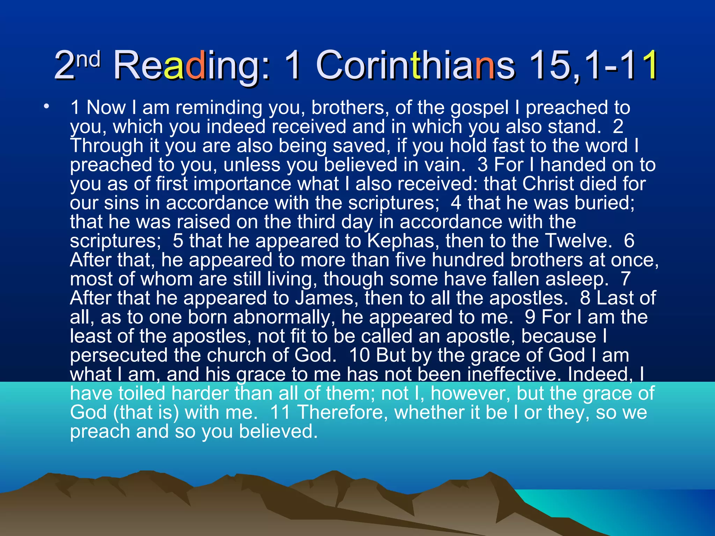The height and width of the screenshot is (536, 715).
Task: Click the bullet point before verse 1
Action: [46, 106]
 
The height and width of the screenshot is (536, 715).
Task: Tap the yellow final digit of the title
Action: [648, 65]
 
